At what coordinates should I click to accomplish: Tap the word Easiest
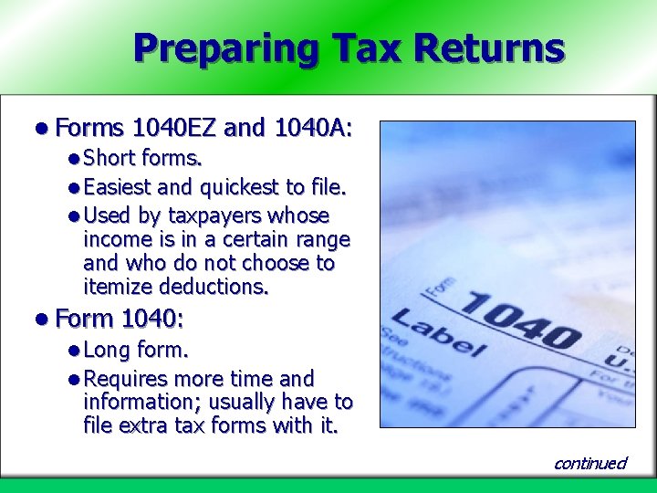tap(118, 188)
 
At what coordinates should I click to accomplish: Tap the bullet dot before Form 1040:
tap(43, 320)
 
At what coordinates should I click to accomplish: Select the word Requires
tap(125, 379)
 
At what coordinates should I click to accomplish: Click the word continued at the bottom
tap(590, 463)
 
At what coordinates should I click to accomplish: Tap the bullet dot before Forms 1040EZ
tap(43, 129)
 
